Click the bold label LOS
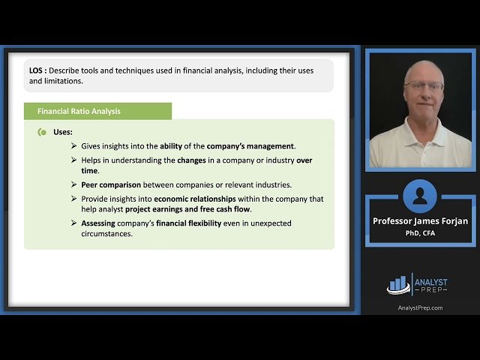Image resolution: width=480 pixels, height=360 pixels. point(37,70)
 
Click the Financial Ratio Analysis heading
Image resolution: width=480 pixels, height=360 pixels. point(79,112)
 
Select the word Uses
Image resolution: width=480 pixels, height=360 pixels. point(63,132)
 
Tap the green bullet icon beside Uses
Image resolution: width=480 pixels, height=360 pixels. point(42,132)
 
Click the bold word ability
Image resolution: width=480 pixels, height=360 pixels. point(171,145)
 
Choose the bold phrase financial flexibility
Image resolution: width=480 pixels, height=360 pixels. point(184,223)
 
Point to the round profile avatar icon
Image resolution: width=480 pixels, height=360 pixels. point(419,196)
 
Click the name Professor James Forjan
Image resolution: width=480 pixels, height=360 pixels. point(419,221)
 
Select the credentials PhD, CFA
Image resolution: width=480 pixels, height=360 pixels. point(419,232)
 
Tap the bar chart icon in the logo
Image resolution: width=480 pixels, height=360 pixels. point(398,283)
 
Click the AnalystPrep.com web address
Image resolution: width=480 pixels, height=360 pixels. point(419,307)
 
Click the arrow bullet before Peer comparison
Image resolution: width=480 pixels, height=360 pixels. point(73,184)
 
